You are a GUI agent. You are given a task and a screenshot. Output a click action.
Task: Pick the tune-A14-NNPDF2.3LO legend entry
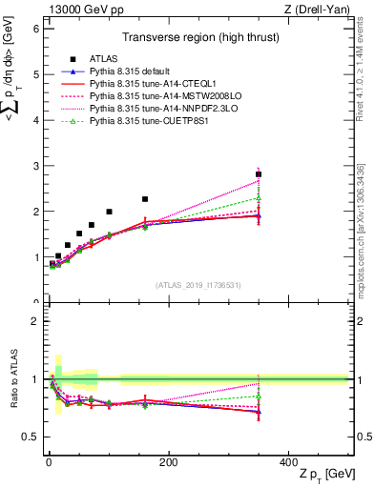[151, 109]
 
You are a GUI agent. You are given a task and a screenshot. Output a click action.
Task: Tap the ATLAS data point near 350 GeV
[259, 174]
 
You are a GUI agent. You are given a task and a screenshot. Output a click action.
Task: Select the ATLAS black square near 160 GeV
[145, 199]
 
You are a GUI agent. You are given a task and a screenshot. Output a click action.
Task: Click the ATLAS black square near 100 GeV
[109, 212]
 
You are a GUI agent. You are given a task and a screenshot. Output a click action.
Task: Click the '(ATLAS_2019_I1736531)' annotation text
[198, 285]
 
